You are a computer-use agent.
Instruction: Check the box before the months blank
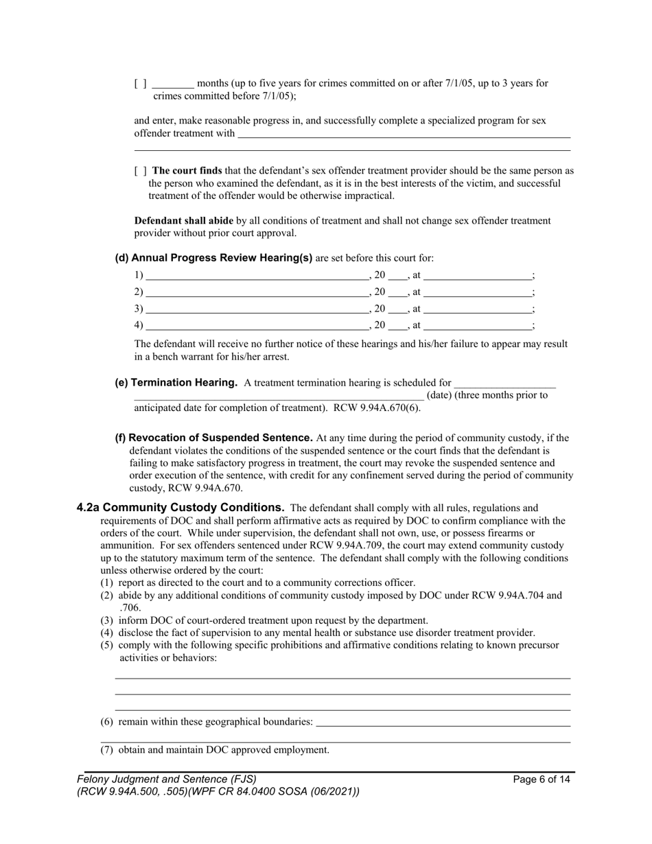click(x=140, y=84)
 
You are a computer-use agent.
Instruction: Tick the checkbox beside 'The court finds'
click(x=140, y=171)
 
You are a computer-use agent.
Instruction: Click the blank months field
click(x=173, y=84)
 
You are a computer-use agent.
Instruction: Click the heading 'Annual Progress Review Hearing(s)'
click(x=213, y=259)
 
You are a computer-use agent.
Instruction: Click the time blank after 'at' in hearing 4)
click(x=478, y=325)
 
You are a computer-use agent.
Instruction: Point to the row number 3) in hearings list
click(x=139, y=309)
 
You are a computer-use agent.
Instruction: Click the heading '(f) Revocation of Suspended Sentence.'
click(x=213, y=438)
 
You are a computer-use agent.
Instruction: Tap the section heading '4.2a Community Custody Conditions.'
click(x=181, y=508)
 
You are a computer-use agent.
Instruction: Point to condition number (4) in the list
click(x=107, y=633)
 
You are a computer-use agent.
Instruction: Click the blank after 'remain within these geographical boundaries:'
click(x=443, y=722)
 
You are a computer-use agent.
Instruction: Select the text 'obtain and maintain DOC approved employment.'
click(x=224, y=750)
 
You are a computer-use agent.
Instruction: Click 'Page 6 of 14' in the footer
click(x=542, y=779)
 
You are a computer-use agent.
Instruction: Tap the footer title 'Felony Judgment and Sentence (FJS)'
click(x=167, y=779)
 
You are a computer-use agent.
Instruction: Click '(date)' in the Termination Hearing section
click(x=439, y=395)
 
